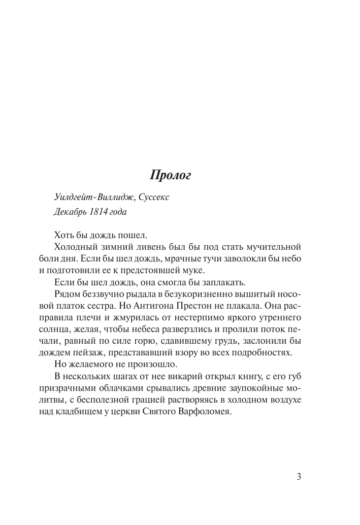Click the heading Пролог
coord(170,176)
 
